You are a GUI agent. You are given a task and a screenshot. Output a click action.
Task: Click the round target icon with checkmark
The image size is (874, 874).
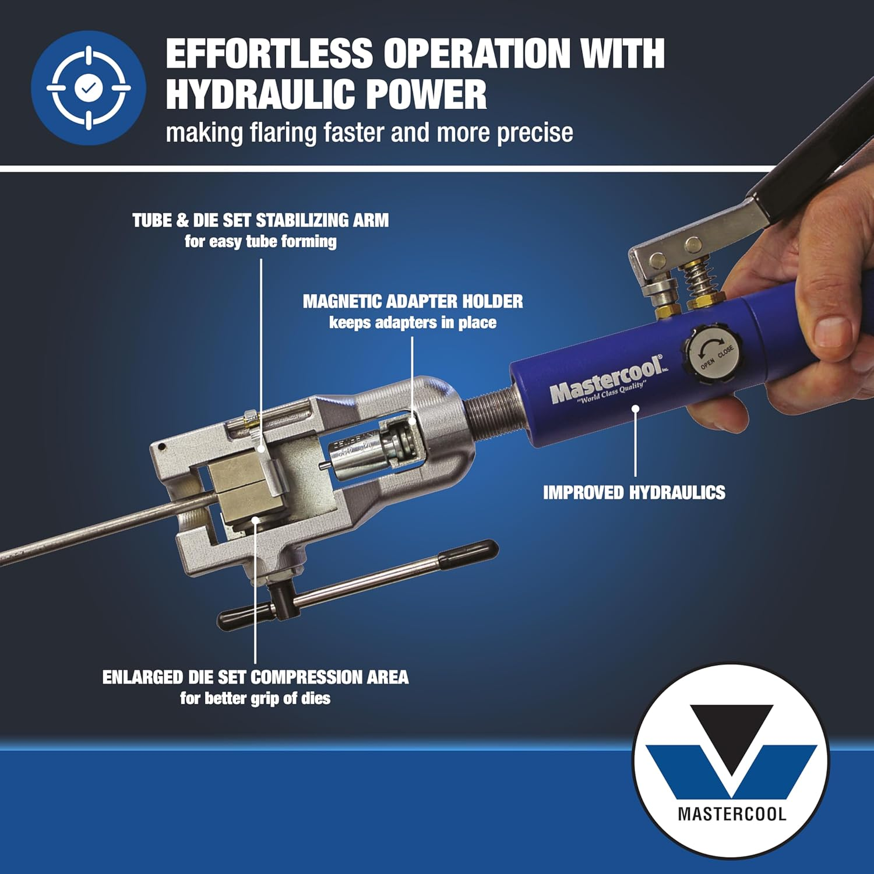(89, 88)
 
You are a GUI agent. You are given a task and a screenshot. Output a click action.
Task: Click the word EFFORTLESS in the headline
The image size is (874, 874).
(269, 54)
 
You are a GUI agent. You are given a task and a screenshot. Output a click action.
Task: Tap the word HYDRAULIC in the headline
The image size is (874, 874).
(260, 95)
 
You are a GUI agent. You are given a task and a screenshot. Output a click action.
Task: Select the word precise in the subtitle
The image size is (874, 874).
(534, 133)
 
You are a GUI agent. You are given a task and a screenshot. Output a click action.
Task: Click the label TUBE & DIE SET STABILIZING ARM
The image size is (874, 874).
(260, 220)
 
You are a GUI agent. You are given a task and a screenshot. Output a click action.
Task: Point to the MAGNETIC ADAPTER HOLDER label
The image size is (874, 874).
(413, 301)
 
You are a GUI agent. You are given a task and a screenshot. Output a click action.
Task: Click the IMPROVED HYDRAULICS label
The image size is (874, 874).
(634, 492)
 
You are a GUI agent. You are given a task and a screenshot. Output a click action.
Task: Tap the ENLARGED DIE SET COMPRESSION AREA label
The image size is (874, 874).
(255, 677)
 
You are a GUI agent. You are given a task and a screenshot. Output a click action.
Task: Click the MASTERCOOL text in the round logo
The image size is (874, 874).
(732, 813)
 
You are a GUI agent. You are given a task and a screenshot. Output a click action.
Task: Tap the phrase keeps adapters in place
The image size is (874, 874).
(413, 323)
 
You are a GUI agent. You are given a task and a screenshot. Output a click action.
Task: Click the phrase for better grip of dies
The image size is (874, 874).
(255, 698)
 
